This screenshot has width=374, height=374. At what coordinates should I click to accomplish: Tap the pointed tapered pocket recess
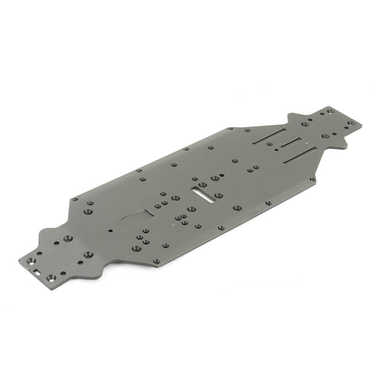tap(136, 217)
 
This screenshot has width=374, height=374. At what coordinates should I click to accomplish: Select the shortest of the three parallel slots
tap(291, 143)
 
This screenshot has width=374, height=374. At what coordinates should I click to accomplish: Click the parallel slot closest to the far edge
tap(270, 136)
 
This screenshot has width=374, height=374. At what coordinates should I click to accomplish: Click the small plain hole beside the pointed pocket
tap(110, 230)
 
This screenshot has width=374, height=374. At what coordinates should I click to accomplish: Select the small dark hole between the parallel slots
tap(276, 150)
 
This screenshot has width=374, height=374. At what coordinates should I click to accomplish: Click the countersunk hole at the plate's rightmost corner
tap(352, 123)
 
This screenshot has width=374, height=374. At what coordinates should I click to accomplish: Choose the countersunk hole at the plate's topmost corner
tap(330, 111)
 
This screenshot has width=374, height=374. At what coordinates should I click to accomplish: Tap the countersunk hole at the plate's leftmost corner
tap(31, 260)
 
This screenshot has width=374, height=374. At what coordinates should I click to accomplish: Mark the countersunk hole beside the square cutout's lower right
tap(50, 278)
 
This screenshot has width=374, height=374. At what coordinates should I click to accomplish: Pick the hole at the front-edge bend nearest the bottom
tap(157, 261)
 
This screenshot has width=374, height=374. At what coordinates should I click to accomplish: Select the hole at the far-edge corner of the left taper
tap(74, 199)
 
